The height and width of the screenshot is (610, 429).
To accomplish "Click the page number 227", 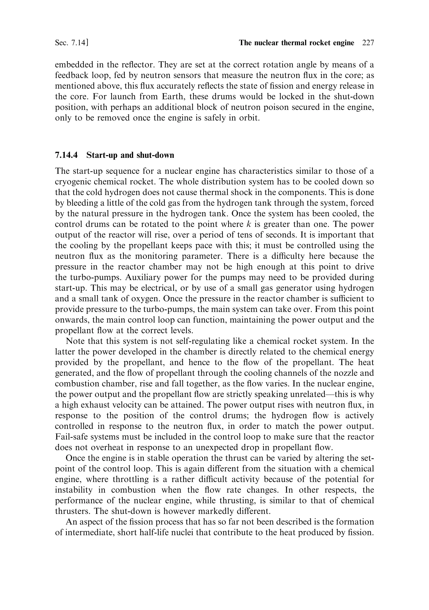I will tap(368, 43).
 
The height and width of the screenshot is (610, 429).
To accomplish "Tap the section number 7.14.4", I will tap(66, 155).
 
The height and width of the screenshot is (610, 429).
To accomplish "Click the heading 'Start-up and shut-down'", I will tap(130, 155).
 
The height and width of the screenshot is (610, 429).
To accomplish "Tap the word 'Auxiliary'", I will tap(143, 277).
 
